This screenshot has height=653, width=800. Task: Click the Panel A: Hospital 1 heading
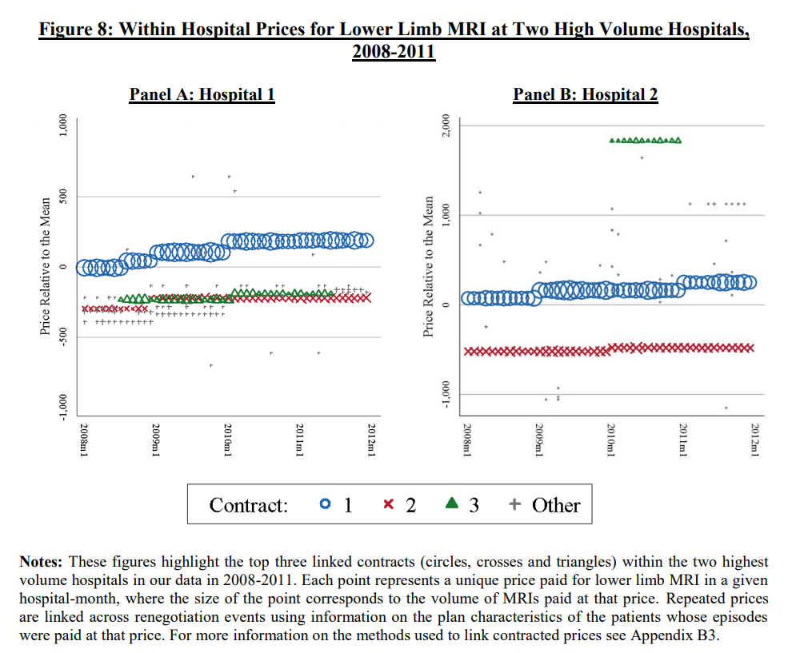pyautogui.click(x=202, y=94)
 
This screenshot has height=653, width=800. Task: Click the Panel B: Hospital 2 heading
pyautogui.click(x=585, y=94)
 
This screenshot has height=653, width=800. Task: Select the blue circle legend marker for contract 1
pyautogui.click(x=324, y=504)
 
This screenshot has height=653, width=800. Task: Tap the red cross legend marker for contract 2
pyautogui.click(x=389, y=504)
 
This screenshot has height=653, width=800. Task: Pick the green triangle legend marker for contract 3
pyautogui.click(x=451, y=504)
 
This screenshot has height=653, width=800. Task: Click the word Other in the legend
pyautogui.click(x=556, y=505)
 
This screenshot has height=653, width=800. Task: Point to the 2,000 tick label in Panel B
pyautogui.click(x=447, y=125)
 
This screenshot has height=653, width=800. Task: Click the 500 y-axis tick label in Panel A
pyautogui.click(x=62, y=197)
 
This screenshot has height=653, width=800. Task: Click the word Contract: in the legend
pyautogui.click(x=248, y=505)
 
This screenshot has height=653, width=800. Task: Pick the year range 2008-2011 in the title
pyautogui.click(x=393, y=52)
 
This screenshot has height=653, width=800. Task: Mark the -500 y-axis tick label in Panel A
pyautogui.click(x=62, y=336)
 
